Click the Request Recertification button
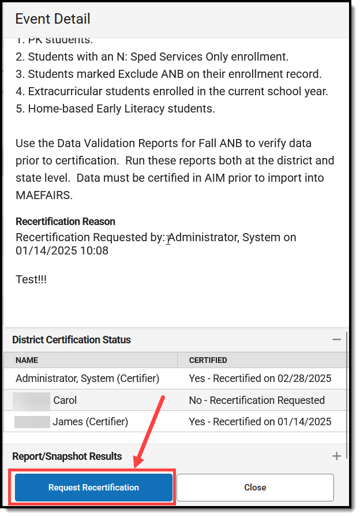93,488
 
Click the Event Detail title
52,18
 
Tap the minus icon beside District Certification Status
337,340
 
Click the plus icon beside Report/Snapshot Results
337,456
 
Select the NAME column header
27,360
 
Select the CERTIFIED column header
208,360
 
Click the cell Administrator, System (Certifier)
87,379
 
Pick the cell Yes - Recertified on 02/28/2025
260,379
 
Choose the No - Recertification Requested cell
257,400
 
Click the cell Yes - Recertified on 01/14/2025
260,422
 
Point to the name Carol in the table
65,400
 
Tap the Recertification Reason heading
65,222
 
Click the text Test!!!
31,279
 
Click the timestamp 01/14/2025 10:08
62,251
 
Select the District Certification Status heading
72,340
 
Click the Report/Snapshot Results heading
67,456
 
